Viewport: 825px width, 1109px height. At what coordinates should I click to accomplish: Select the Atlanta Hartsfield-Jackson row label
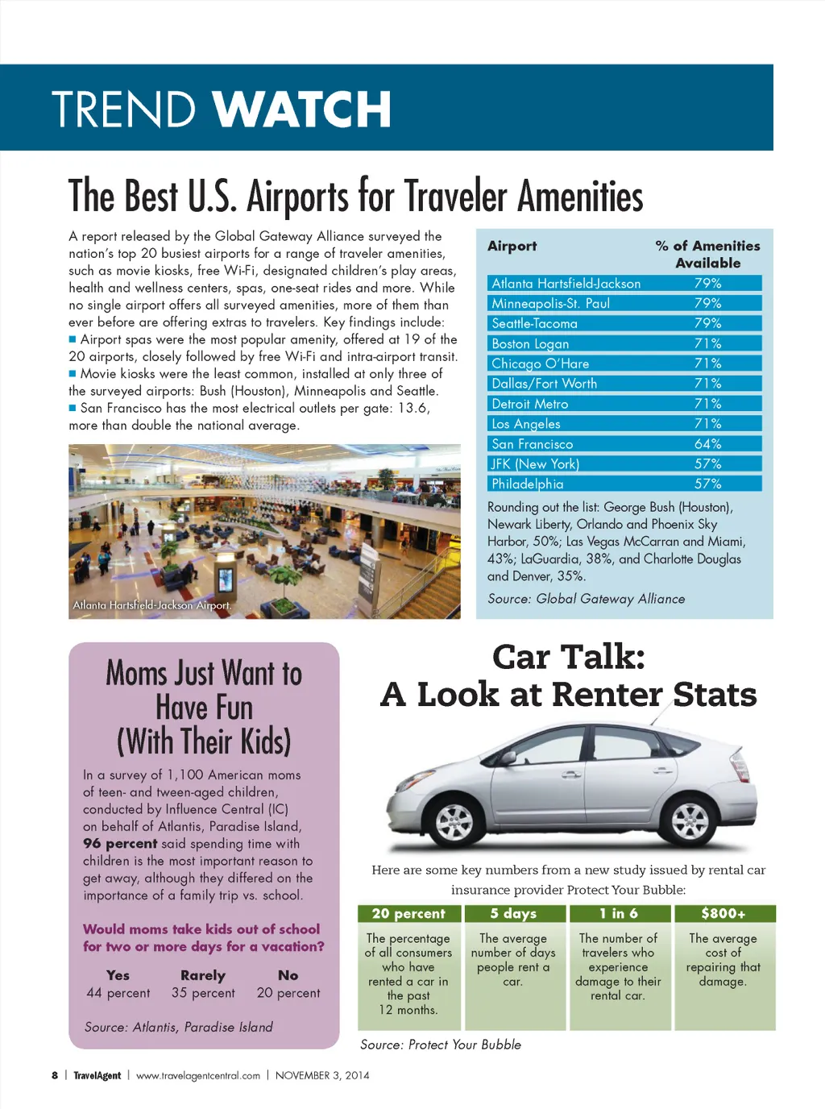[x=566, y=284]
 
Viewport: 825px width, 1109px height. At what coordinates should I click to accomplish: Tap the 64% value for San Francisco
[x=707, y=444]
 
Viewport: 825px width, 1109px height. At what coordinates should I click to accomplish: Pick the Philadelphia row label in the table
[x=527, y=484]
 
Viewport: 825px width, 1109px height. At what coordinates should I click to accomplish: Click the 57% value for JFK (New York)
[x=707, y=464]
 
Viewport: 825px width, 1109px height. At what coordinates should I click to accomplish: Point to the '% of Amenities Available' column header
[x=707, y=254]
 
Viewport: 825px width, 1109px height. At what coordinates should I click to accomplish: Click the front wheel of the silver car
[x=454, y=822]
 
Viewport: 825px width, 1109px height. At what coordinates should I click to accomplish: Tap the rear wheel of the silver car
[x=690, y=821]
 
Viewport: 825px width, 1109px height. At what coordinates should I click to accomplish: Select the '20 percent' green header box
[x=408, y=914]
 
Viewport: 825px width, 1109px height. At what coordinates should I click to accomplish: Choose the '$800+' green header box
[x=723, y=914]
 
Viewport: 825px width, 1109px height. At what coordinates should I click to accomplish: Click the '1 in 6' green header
[x=618, y=914]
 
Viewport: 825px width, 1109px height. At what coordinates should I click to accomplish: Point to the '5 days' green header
[x=513, y=914]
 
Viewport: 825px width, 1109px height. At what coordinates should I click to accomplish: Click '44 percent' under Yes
[x=118, y=993]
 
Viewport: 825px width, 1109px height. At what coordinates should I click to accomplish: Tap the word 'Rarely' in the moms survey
[x=203, y=975]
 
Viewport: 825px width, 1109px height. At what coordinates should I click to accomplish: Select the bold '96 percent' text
[x=120, y=844]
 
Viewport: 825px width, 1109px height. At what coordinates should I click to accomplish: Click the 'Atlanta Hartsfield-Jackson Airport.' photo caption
[x=152, y=605]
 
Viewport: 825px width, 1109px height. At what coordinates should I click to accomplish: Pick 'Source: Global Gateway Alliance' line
[x=586, y=599]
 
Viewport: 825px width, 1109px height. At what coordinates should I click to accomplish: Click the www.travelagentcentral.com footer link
[x=197, y=1075]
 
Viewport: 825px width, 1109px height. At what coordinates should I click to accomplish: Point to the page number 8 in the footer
[x=55, y=1075]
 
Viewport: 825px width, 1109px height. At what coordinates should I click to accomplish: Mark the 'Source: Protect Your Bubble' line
[x=440, y=1045]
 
